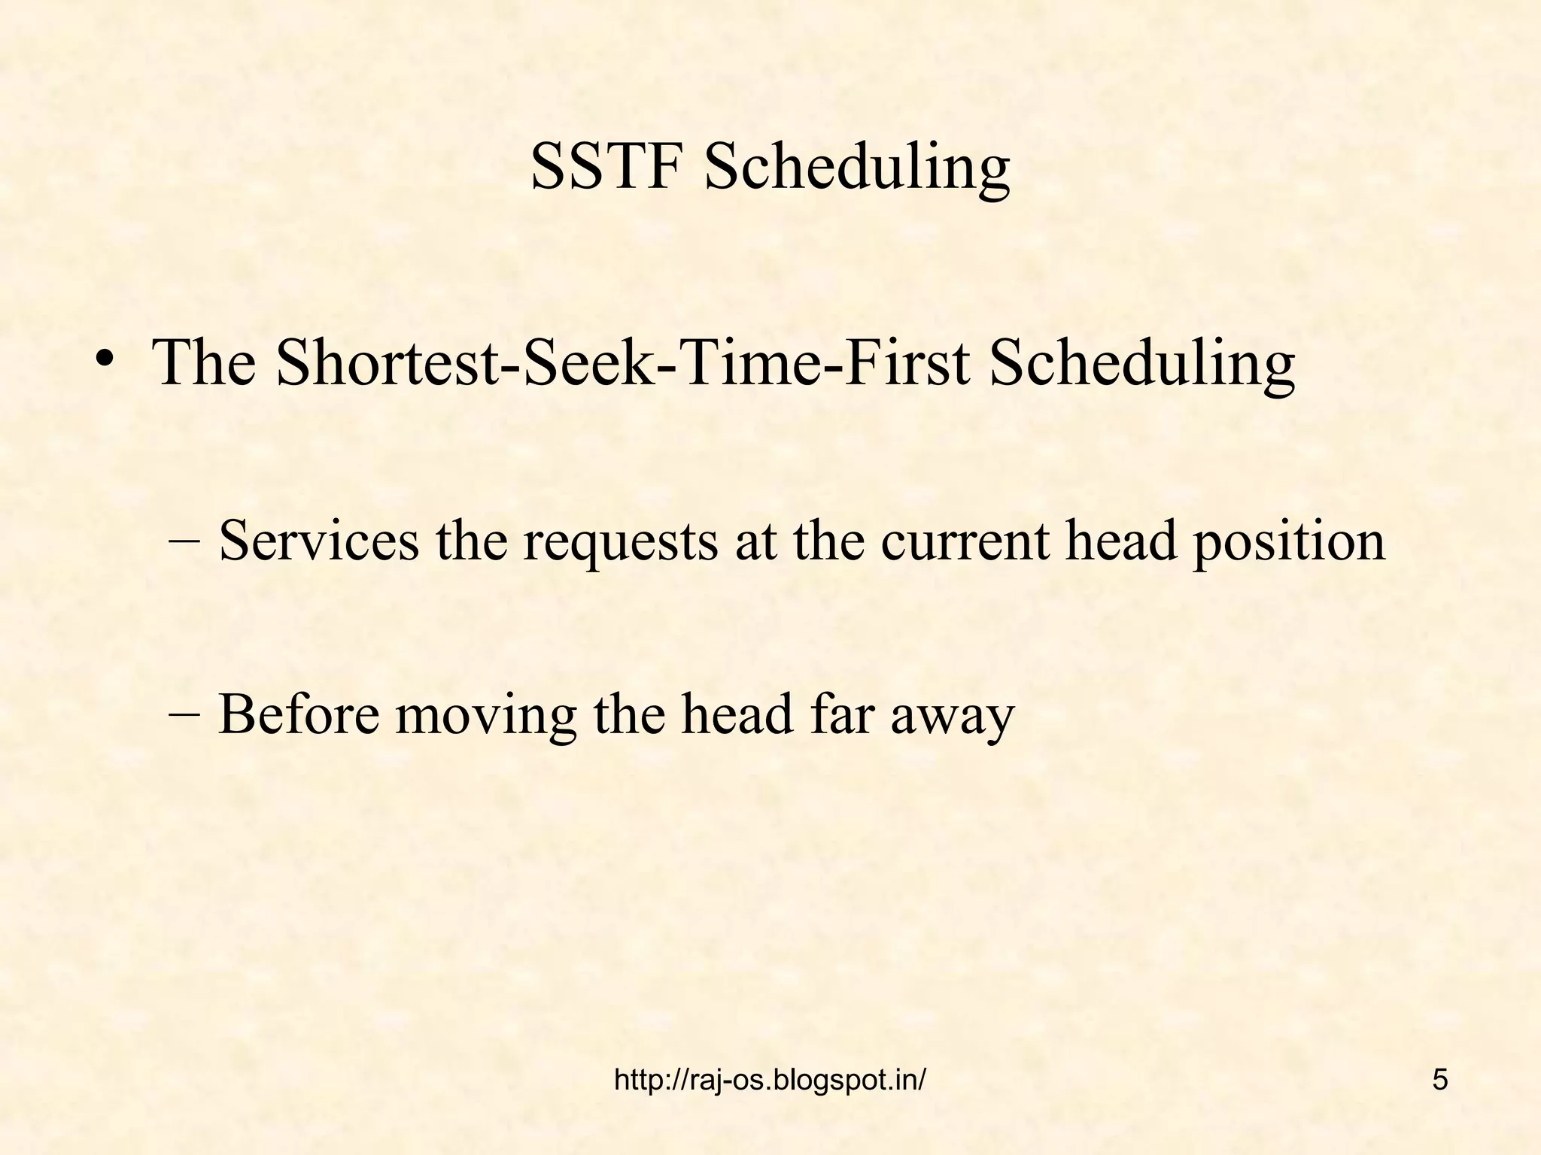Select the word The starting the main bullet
click(x=204, y=363)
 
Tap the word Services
click(x=318, y=541)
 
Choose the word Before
click(x=299, y=714)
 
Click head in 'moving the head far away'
click(x=737, y=714)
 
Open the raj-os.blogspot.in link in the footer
click(x=770, y=1081)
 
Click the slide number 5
click(x=1439, y=1080)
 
